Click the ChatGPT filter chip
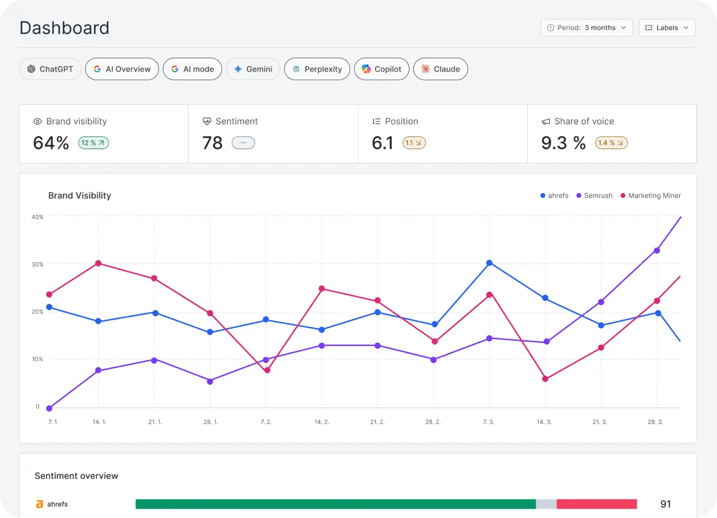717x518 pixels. click(50, 69)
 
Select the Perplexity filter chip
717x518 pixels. click(317, 69)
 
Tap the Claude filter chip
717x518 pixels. click(441, 69)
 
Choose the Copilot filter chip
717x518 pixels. click(382, 69)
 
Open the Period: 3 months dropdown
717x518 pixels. click(587, 28)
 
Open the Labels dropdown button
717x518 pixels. click(667, 28)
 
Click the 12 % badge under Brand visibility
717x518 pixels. click(94, 143)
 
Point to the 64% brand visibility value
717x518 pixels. click(51, 143)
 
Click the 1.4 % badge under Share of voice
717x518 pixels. click(611, 143)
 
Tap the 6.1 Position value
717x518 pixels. click(383, 143)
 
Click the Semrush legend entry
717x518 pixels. click(594, 195)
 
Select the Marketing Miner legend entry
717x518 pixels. click(650, 195)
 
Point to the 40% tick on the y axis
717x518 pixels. click(38, 217)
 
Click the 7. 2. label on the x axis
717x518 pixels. click(266, 422)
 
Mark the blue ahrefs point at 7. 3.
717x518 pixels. click(489, 263)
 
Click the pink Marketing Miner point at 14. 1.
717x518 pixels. click(98, 264)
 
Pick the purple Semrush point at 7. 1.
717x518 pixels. click(49, 408)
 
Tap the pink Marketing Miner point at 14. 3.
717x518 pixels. click(545, 379)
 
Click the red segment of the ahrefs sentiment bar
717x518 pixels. click(596, 504)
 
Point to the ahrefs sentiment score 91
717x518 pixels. click(665, 504)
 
